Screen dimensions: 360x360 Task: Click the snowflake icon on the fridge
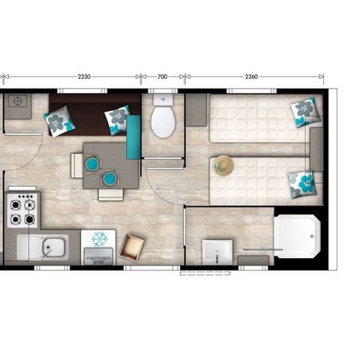[99, 239]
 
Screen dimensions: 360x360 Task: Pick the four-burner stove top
[22, 211]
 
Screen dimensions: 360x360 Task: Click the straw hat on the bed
[223, 165]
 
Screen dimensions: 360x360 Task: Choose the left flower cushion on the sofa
[58, 120]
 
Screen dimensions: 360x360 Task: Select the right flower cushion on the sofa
[117, 118]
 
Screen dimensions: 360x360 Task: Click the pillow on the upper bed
[305, 111]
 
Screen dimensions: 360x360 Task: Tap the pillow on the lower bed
[301, 183]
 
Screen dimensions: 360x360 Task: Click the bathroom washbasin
[218, 251]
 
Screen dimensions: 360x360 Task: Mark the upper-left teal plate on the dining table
[91, 163]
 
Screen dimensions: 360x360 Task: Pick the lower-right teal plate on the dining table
[109, 178]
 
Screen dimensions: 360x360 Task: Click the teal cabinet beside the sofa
[133, 137]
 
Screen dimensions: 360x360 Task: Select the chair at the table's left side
[76, 164]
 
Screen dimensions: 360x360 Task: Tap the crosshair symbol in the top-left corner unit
[16, 100]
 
